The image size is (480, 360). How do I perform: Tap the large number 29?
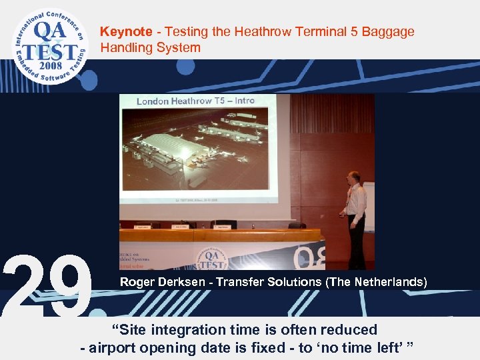pyautogui.click(x=47, y=287)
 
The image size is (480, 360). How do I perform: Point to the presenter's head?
pyautogui.click(x=355, y=178)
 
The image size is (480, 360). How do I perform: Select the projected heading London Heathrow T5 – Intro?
pyautogui.click(x=195, y=101)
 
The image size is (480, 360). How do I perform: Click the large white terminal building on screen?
pyautogui.click(x=163, y=149)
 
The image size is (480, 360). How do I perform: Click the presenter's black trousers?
pyautogui.click(x=357, y=243)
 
